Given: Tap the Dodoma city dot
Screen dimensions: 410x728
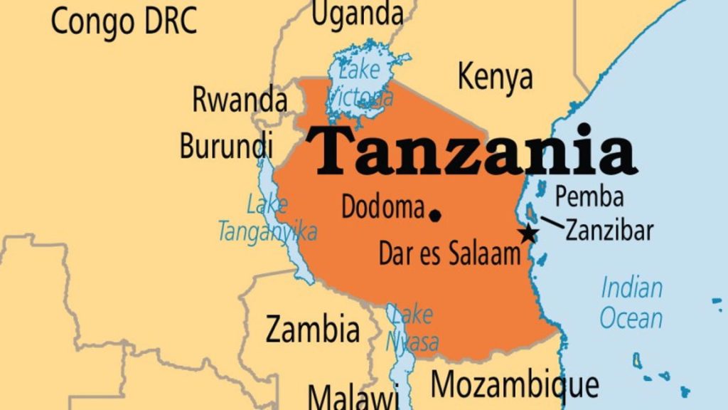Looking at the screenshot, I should (435, 214).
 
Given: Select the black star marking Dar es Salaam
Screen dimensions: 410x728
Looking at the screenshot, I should (528, 234).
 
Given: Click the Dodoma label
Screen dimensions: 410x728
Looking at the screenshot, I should (383, 207).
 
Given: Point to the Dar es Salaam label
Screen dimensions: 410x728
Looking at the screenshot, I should (450, 255).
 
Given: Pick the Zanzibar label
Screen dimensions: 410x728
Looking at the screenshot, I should (609, 231).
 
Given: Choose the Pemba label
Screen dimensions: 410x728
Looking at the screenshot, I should (589, 196).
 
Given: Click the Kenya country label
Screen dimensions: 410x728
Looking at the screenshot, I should (495, 76).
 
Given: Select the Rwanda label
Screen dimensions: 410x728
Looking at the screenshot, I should (240, 100).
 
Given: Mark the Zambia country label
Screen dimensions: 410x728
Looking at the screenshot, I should (312, 329).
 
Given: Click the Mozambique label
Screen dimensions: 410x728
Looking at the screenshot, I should (515, 385).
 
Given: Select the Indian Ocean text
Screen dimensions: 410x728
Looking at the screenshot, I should (631, 303).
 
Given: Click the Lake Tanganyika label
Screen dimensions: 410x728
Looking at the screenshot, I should (267, 218).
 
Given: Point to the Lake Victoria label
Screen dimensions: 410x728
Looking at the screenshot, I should (359, 84).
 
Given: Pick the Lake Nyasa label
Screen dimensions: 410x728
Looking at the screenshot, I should (412, 328).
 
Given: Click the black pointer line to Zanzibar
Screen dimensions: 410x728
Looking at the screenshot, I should (553, 223).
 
